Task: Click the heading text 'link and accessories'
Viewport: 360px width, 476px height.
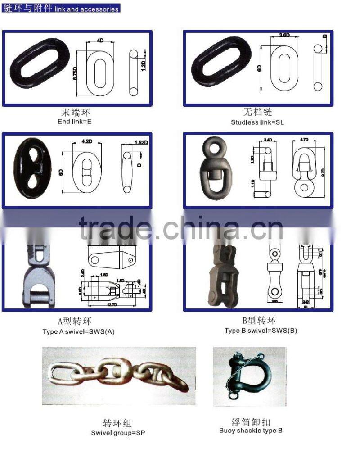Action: pyautogui.click(x=86, y=9)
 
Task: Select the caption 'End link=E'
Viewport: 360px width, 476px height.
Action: pyautogui.click(x=75, y=122)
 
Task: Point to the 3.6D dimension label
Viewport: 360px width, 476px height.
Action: pyautogui.click(x=284, y=35)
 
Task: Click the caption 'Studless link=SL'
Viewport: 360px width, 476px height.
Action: pyautogui.click(x=257, y=122)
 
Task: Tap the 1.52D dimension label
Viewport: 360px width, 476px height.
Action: pyautogui.click(x=142, y=143)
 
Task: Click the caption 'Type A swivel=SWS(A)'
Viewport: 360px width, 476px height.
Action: pyautogui.click(x=79, y=332)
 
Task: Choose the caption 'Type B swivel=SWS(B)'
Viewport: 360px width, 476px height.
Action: pyautogui.click(x=261, y=331)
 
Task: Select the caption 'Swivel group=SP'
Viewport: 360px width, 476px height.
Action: pyautogui.click(x=118, y=433)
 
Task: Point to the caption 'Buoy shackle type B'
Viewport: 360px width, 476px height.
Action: pyautogui.click(x=251, y=431)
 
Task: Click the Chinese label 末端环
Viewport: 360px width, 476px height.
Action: pyautogui.click(x=76, y=112)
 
